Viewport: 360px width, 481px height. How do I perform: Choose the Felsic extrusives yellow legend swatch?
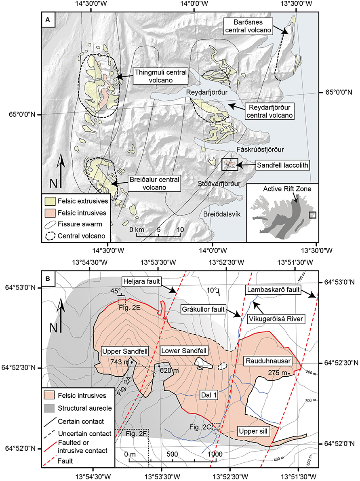tap(51, 200)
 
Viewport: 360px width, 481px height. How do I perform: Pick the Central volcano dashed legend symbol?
tap(51, 234)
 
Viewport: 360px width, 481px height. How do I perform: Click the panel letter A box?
tap(48, 19)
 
